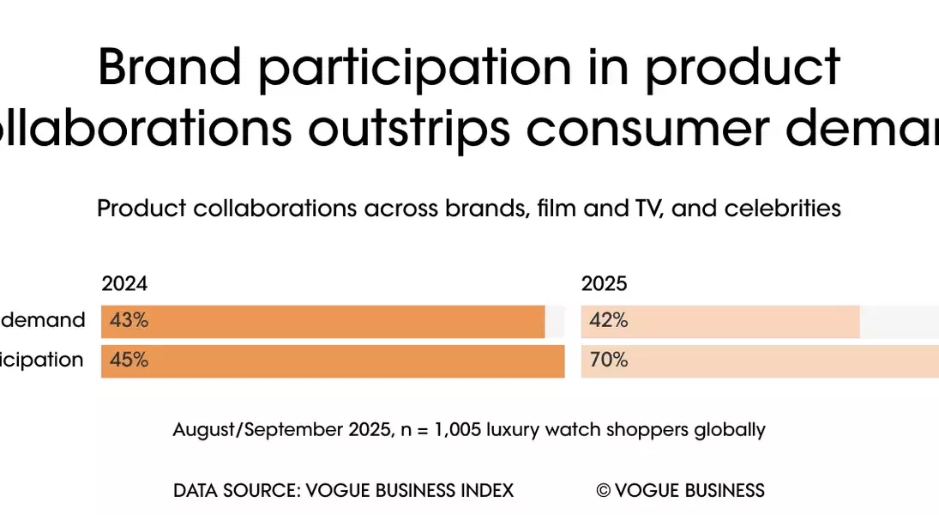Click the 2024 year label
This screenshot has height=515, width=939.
tap(124, 284)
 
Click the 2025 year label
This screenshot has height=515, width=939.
tap(605, 284)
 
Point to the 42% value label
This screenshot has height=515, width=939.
tap(609, 321)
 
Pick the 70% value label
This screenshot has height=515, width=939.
tap(609, 360)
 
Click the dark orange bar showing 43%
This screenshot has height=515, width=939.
tap(343, 321)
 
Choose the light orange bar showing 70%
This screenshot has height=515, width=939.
tap(772, 360)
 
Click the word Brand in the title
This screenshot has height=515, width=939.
tap(166, 66)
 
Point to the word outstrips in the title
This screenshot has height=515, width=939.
tap(414, 129)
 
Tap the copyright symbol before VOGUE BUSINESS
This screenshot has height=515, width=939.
tap(604, 491)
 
